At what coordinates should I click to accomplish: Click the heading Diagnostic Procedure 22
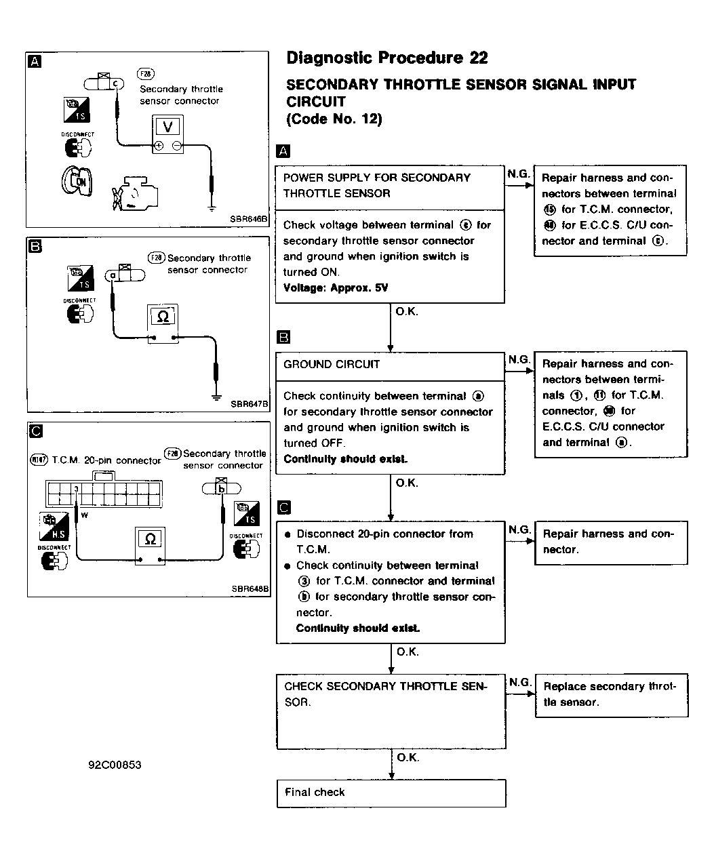click(x=386, y=58)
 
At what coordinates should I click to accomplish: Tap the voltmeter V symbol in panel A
click(x=168, y=126)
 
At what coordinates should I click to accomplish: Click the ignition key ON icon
click(x=76, y=180)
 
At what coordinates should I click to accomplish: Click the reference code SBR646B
click(x=249, y=220)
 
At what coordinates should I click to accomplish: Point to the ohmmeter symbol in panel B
click(x=163, y=316)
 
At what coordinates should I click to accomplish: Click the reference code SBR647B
click(x=250, y=404)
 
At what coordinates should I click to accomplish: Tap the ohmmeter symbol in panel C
click(x=151, y=539)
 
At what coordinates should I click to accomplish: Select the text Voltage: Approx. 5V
click(x=336, y=287)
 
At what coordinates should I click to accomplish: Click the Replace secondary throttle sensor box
click(x=611, y=694)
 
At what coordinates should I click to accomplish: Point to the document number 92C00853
click(x=115, y=765)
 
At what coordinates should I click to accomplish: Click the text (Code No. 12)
click(x=335, y=119)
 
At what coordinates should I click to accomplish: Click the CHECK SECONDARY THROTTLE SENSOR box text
click(x=385, y=694)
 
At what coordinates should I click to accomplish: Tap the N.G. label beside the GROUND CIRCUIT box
click(x=519, y=359)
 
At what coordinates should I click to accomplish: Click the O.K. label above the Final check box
click(x=408, y=757)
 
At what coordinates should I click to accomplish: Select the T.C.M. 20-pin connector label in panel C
click(x=106, y=460)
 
